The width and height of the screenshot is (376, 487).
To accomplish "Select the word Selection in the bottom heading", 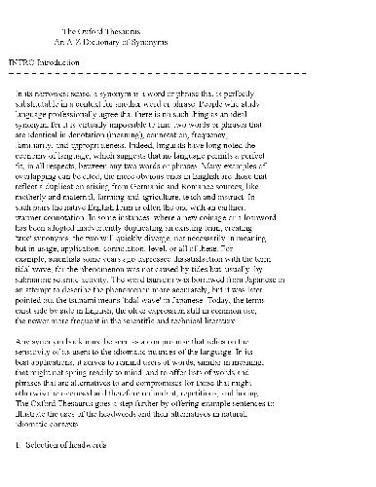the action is click(x=54, y=472).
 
